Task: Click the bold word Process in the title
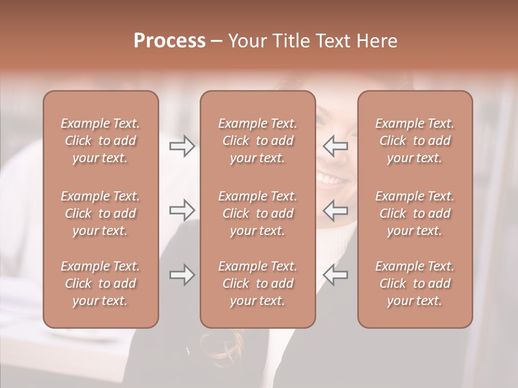[x=169, y=41]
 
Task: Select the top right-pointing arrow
[x=182, y=146]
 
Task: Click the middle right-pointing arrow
[x=182, y=210]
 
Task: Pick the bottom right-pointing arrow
[x=182, y=275]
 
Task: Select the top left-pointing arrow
[x=336, y=146]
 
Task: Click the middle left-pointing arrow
[x=336, y=210]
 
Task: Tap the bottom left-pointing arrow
[x=336, y=275]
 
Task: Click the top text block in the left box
[x=100, y=141]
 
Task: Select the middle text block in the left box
[x=100, y=213]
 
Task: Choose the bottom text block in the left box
[x=100, y=283]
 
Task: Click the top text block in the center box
[x=257, y=141]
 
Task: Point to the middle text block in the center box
[x=257, y=213]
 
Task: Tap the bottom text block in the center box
[x=257, y=283]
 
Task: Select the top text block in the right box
[x=415, y=141]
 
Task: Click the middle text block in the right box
[x=415, y=213]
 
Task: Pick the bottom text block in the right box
[x=415, y=283]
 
